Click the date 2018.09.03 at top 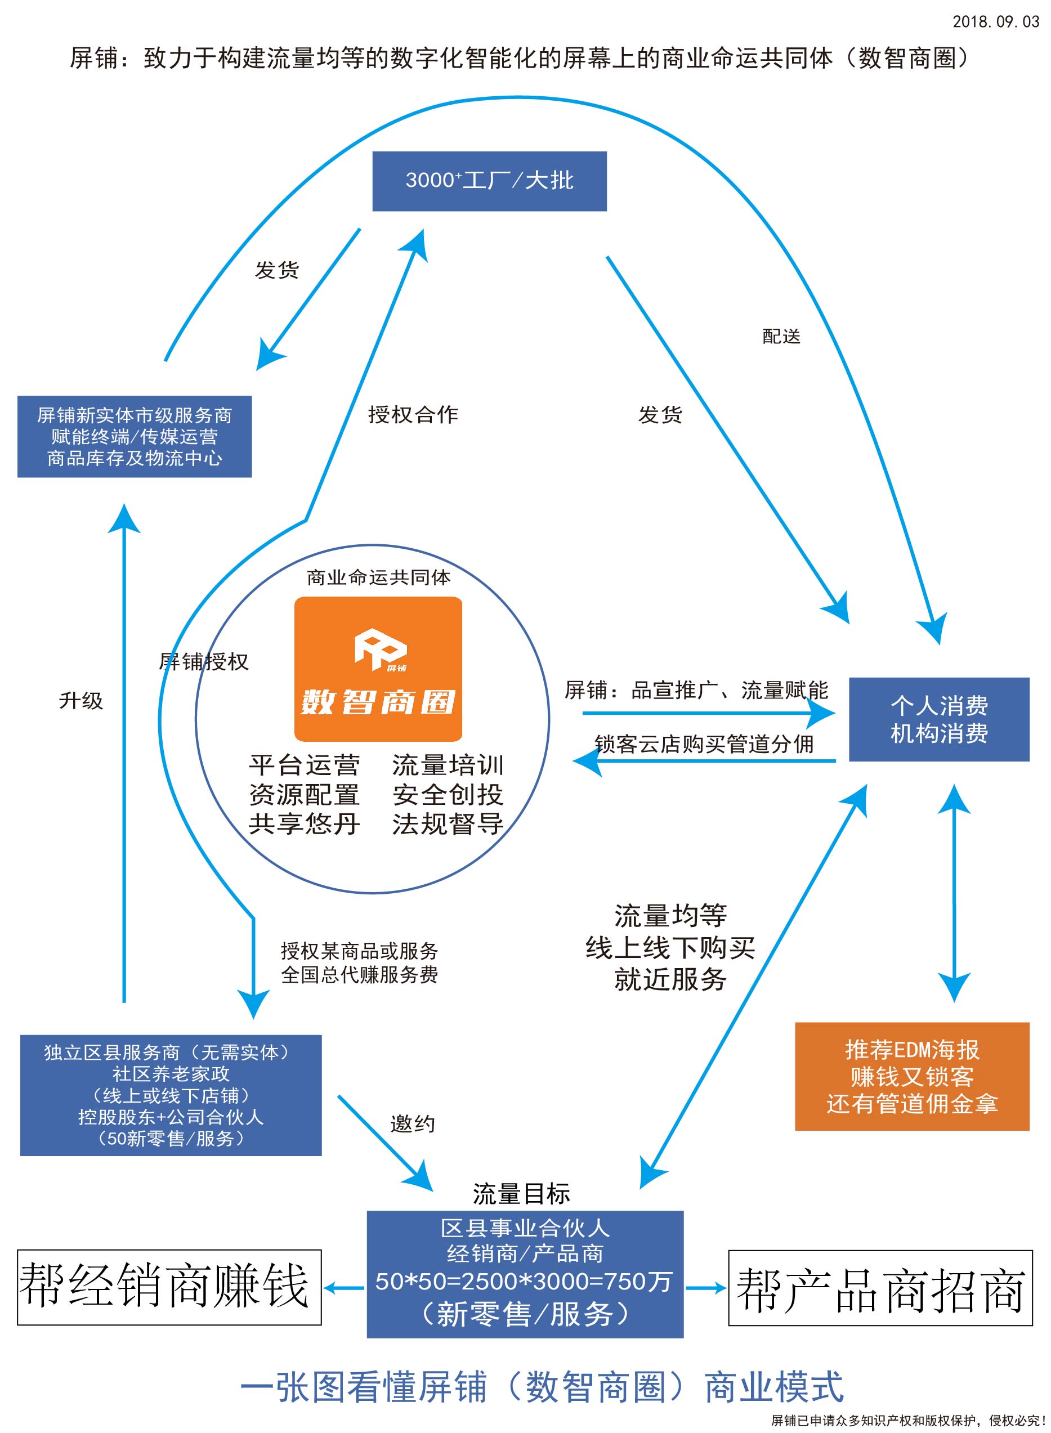coord(995,21)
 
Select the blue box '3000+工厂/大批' coord(489,181)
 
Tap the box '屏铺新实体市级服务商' coord(134,436)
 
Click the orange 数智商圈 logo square coord(378,669)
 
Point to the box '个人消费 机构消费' coord(938,719)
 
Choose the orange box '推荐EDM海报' coord(911,1076)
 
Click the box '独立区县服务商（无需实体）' coord(171,1095)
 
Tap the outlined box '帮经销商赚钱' coord(169,1287)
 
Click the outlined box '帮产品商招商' coord(880,1288)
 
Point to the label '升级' coord(81,700)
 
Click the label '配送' coord(781,336)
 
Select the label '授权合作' coord(413,415)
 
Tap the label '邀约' coord(412,1123)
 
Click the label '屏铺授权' coord(204,661)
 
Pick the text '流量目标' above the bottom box coord(521,1194)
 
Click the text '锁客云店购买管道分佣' coord(704,744)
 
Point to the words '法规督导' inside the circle coord(448,823)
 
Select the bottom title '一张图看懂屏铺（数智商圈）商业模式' coord(542,1387)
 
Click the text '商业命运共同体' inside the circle coord(378,577)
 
